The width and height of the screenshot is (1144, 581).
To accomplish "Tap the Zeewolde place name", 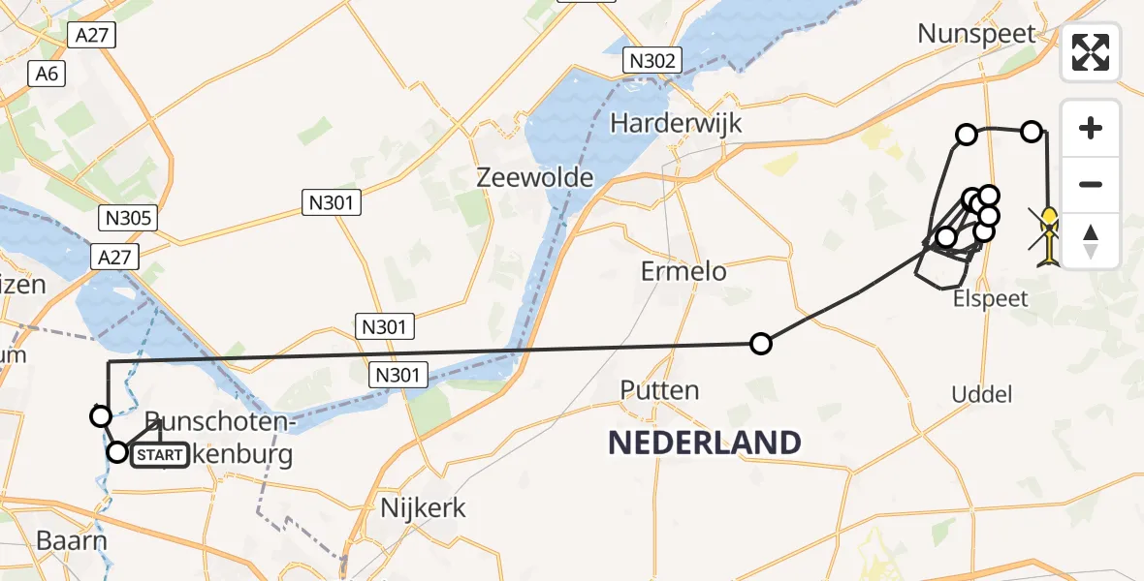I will [x=521, y=177].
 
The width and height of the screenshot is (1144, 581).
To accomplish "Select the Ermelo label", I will [x=683, y=271].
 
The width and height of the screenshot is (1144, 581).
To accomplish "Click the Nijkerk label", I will [x=423, y=507].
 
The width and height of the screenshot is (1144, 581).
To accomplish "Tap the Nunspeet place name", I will [x=978, y=34].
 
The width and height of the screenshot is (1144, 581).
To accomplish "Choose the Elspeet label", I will [x=990, y=298].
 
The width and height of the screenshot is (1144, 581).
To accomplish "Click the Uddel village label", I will [x=982, y=394].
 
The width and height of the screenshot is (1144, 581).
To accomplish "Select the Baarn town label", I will [x=71, y=540].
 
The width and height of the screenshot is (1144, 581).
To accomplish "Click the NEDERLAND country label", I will [x=704, y=443].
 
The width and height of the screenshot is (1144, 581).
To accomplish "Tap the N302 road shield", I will [x=651, y=61].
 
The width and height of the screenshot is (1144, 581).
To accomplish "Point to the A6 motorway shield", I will [x=46, y=75].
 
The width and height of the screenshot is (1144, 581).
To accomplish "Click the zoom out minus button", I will [x=1091, y=184].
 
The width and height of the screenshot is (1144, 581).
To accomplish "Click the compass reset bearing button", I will [x=1091, y=240].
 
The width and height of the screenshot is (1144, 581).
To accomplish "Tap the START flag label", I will [x=160, y=454].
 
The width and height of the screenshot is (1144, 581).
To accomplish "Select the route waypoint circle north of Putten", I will [x=761, y=343].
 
